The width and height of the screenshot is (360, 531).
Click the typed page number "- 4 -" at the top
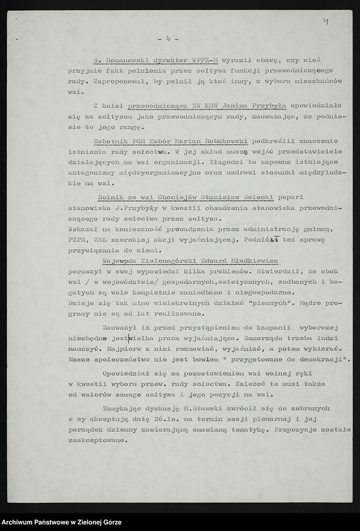click(x=167, y=39)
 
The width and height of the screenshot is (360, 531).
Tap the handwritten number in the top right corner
click(x=325, y=21)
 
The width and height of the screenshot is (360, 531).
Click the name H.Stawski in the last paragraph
click(x=203, y=408)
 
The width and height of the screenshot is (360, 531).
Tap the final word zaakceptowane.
click(x=97, y=441)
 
